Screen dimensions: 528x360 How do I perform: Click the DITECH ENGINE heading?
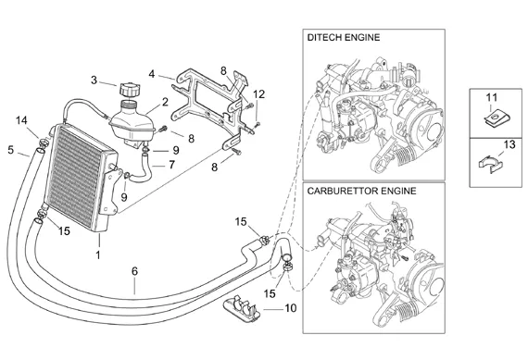[343, 37]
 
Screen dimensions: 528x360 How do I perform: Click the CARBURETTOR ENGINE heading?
[361, 191]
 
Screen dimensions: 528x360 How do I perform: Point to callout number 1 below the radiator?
[98, 255]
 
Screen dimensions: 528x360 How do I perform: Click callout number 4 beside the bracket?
[152, 74]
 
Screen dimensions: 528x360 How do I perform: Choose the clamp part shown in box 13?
[491, 164]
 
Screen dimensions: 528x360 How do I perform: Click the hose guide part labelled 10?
[241, 308]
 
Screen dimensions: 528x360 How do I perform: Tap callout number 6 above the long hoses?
[134, 271]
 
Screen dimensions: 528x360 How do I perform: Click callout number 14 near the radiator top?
[21, 120]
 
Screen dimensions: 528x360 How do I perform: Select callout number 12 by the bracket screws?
[259, 94]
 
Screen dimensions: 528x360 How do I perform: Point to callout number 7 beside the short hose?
[172, 165]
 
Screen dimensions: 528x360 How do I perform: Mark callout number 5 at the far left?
[11, 150]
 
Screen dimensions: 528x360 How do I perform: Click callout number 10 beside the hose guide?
[291, 308]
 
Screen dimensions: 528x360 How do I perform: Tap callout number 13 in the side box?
[509, 144]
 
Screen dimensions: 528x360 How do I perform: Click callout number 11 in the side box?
[492, 97]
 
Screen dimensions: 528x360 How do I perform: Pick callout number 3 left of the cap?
[94, 81]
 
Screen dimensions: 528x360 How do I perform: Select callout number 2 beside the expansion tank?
[165, 102]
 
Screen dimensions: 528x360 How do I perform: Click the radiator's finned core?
[74, 177]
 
